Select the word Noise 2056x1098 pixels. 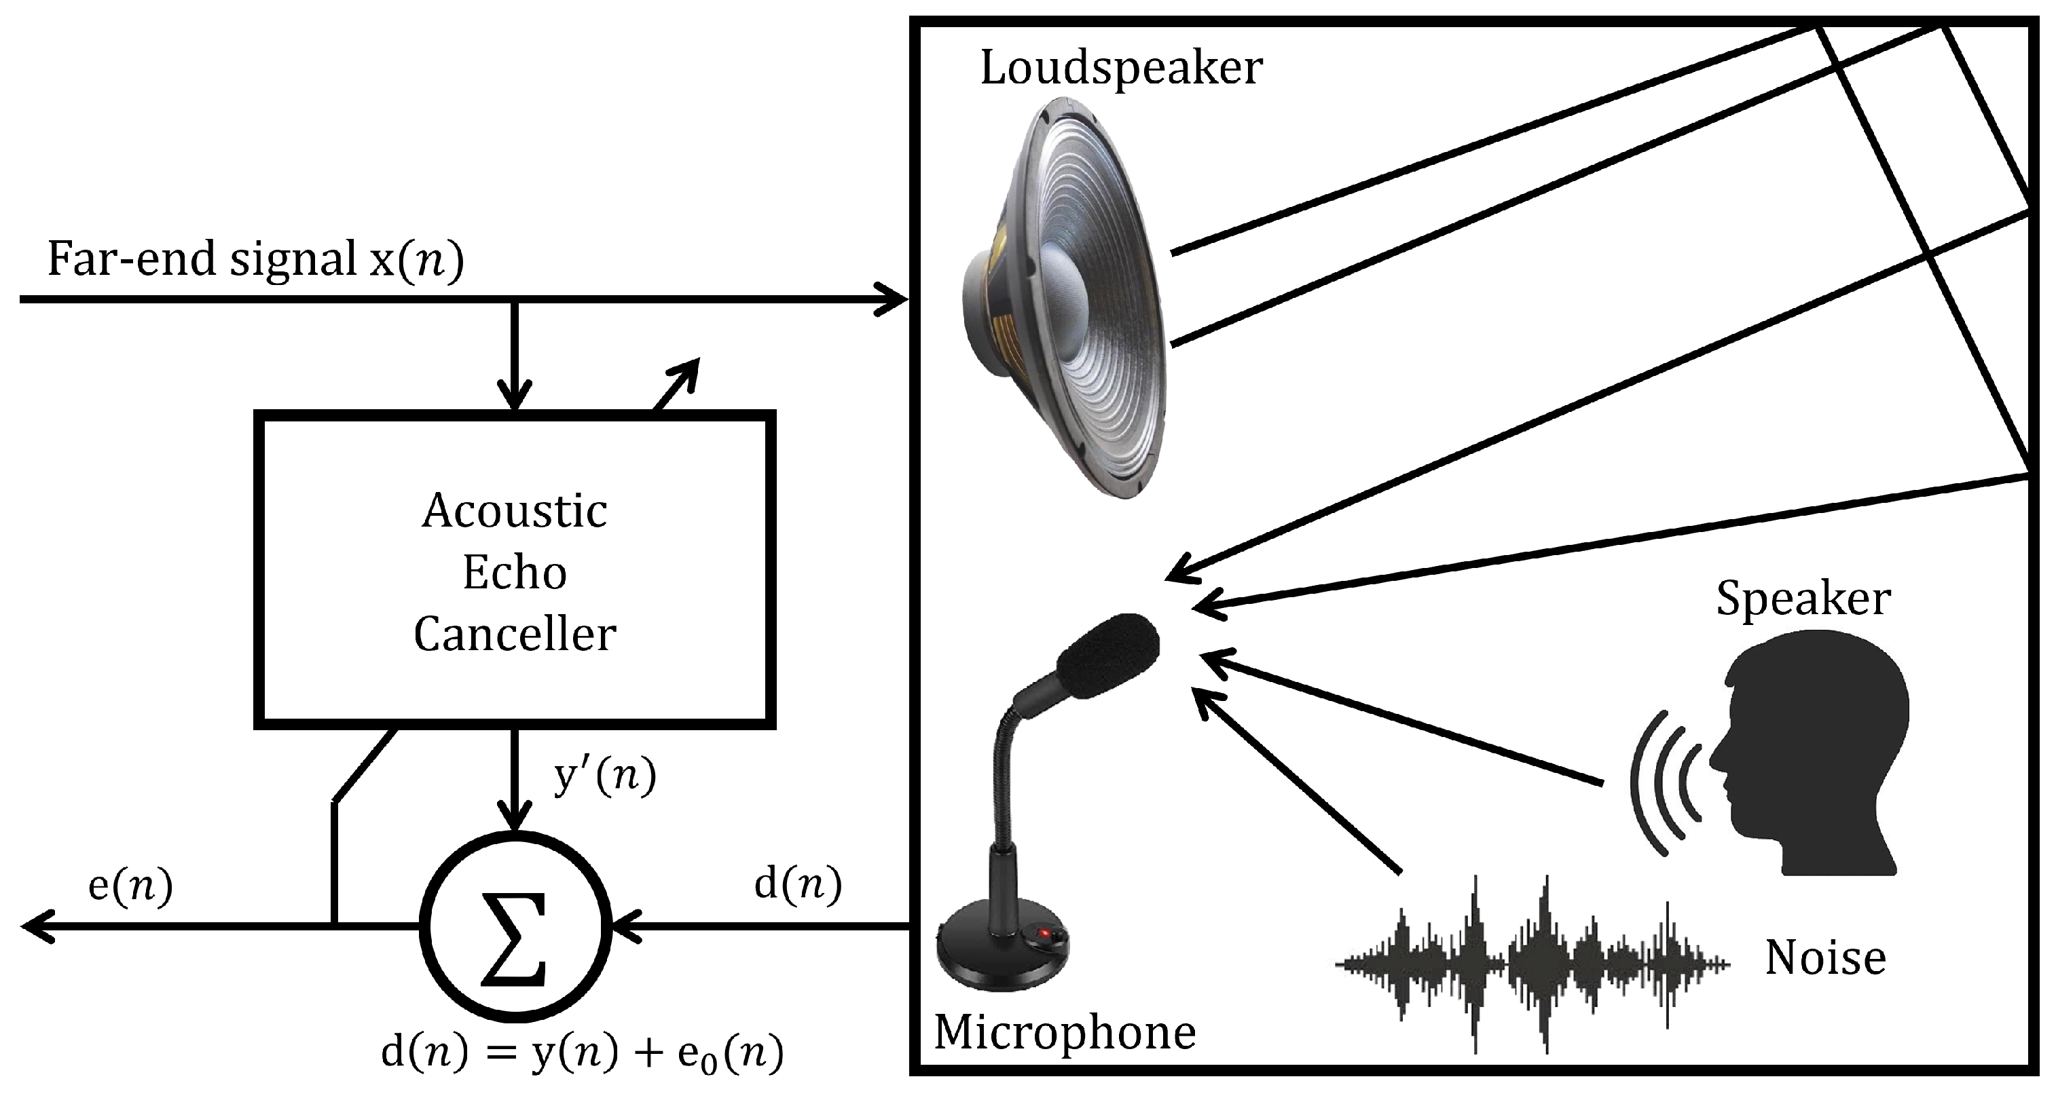click(x=1825, y=958)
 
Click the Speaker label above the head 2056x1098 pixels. click(x=1803, y=599)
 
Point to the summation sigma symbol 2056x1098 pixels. click(x=515, y=927)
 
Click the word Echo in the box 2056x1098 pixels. click(x=515, y=572)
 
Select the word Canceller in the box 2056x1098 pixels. click(x=515, y=635)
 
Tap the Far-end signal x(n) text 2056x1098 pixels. click(x=255, y=259)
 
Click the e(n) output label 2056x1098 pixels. click(x=130, y=886)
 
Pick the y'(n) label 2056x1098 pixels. click(x=605, y=776)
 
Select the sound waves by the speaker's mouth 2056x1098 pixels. click(x=1668, y=782)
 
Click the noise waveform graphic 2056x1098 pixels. click(x=1532, y=964)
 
